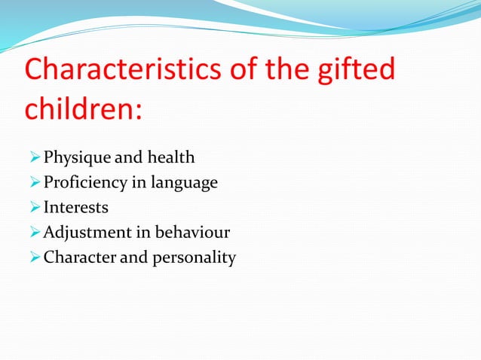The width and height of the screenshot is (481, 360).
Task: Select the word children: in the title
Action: pyautogui.click(x=84, y=109)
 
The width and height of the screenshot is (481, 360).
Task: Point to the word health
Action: pyautogui.click(x=170, y=157)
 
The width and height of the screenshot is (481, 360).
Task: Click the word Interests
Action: pyautogui.click(x=76, y=207)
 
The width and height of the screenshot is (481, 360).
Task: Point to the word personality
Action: pyautogui.click(x=197, y=258)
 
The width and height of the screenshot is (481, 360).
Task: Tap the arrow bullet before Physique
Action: pyautogui.click(x=33, y=158)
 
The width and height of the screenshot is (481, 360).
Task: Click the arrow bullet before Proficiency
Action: pyautogui.click(x=33, y=183)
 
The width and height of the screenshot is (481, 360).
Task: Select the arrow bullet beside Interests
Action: pyautogui.click(x=33, y=207)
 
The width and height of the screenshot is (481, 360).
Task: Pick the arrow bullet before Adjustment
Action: pyautogui.click(x=33, y=232)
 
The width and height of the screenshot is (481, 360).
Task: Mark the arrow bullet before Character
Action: pyautogui.click(x=33, y=257)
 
